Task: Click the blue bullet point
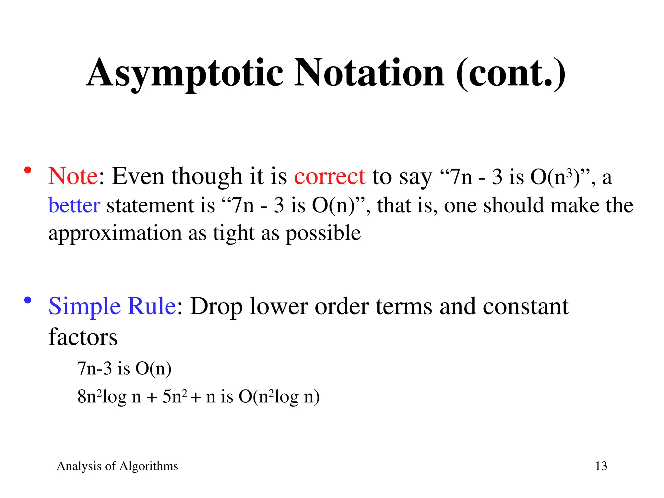click(x=28, y=300)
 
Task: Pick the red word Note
click(x=73, y=176)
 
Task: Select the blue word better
click(x=74, y=205)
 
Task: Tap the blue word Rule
click(x=152, y=306)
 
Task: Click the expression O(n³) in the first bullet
click(x=555, y=177)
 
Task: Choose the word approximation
click(x=115, y=233)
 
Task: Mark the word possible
click(x=323, y=233)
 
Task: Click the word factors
click(x=83, y=337)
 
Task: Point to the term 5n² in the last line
click(x=174, y=396)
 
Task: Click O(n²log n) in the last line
click(x=279, y=396)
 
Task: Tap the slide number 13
click(x=601, y=466)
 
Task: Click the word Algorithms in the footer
click(x=148, y=466)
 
